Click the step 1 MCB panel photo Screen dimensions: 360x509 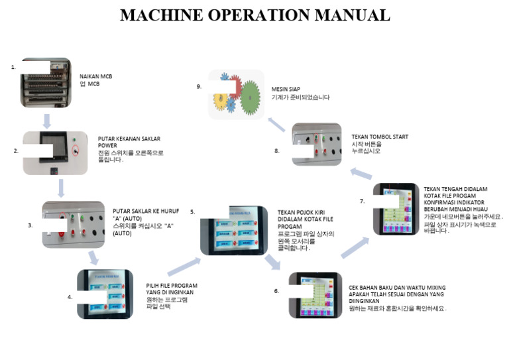tap(45, 82)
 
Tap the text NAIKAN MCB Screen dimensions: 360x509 tap(95, 76)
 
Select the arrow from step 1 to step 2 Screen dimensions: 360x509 tap(46, 121)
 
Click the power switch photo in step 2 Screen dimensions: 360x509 tap(55, 152)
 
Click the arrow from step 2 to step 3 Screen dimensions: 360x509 tap(61, 188)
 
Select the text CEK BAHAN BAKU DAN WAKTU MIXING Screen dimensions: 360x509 tap(397, 288)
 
